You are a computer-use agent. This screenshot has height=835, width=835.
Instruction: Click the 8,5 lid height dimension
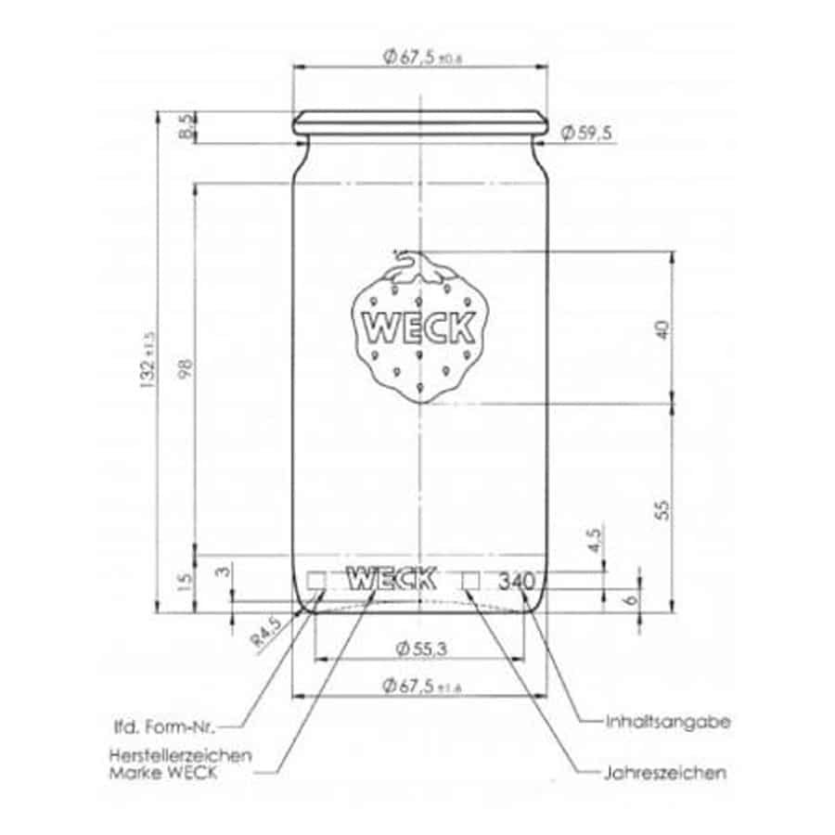(x=186, y=127)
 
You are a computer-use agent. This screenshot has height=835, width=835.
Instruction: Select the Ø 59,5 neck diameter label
(x=586, y=135)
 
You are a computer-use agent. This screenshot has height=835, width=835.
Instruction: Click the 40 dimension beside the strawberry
(x=662, y=329)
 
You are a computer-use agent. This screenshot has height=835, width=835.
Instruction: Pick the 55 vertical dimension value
(x=662, y=508)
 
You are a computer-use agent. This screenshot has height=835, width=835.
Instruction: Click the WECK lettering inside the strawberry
(x=420, y=328)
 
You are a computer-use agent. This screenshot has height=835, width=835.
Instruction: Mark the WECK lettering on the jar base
(x=391, y=579)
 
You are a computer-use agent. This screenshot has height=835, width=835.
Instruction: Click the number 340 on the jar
(x=515, y=582)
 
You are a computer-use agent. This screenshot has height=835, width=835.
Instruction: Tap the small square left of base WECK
(x=317, y=580)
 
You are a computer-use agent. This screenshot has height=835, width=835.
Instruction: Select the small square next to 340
(x=471, y=580)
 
